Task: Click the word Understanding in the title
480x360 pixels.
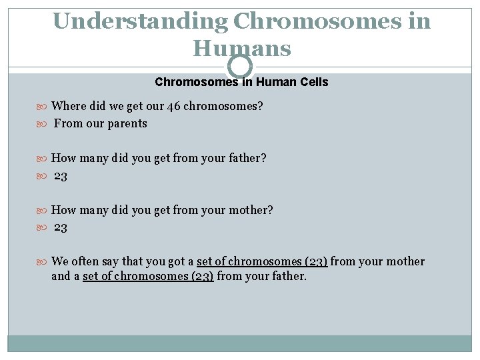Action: (x=139, y=21)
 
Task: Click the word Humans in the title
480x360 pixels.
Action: (x=242, y=48)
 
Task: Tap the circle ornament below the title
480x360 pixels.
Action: (x=240, y=67)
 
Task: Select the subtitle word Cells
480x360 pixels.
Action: (x=313, y=82)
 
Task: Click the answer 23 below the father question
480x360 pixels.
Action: (x=61, y=176)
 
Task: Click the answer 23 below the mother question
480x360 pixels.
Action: (x=61, y=228)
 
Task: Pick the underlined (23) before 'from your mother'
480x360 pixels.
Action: (x=315, y=261)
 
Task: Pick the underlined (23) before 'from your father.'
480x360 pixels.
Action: (x=201, y=276)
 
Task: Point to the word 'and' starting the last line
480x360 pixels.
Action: (x=61, y=276)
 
